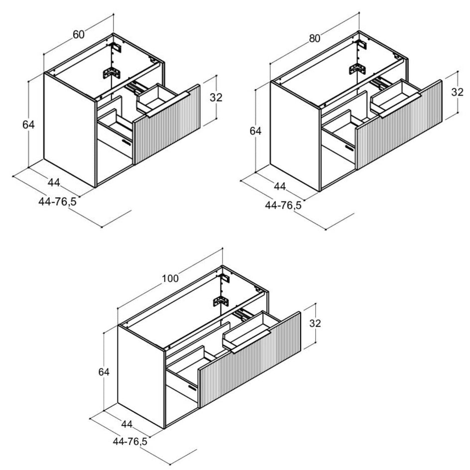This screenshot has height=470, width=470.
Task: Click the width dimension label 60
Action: [79, 34]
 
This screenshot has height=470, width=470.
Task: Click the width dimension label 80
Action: [315, 38]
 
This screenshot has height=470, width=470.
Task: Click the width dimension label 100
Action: [170, 278]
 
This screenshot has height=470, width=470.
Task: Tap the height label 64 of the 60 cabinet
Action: [28, 124]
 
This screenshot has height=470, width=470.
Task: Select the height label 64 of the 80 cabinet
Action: [255, 131]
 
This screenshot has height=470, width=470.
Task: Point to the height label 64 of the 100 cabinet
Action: [104, 372]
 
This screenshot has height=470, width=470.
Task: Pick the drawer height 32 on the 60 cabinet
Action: [216, 98]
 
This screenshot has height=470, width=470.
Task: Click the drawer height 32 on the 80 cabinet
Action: [458, 92]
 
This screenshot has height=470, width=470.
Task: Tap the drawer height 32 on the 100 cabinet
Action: [315, 323]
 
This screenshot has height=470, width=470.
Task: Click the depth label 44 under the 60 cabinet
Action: [54, 182]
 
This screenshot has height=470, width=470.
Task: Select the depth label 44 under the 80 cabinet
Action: [280, 186]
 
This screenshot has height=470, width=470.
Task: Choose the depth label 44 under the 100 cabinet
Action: [127, 424]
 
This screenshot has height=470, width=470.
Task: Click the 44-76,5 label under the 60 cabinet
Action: [58, 202]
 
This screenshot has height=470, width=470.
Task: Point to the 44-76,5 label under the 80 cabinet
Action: [283, 205]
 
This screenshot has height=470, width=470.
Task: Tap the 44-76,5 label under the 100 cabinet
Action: [130, 441]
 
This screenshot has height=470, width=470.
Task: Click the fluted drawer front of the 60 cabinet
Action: [167, 124]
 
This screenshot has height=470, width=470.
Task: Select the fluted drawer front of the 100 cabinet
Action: [249, 359]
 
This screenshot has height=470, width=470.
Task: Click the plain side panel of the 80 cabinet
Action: [295, 136]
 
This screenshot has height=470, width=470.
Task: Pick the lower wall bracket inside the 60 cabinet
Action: [112, 73]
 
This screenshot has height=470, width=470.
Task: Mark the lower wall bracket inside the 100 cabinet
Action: [221, 301]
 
